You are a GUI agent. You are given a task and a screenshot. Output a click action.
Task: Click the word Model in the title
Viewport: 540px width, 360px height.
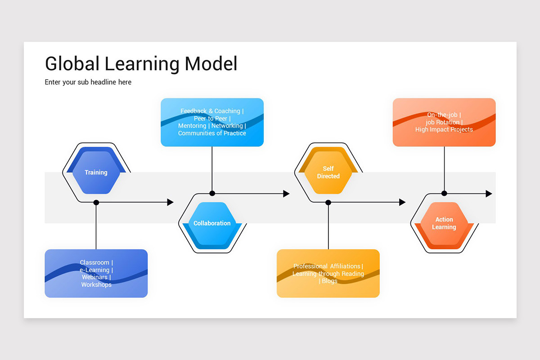click(211, 64)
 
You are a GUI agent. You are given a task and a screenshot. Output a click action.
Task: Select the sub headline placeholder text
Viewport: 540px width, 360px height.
click(88, 82)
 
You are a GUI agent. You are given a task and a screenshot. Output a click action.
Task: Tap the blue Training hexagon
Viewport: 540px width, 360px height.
click(96, 172)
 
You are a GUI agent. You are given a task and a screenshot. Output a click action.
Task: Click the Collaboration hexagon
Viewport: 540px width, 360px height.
click(212, 223)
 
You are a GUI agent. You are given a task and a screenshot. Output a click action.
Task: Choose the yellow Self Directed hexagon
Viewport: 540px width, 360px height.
click(328, 172)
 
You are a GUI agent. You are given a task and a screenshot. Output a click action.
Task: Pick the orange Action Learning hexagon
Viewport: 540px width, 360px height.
click(444, 223)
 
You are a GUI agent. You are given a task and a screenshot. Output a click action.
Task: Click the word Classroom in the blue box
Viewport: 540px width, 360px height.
click(94, 263)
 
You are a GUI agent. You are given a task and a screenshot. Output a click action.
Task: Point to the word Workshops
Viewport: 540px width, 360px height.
click(96, 284)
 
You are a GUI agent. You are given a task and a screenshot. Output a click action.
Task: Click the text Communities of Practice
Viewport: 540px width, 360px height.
click(212, 133)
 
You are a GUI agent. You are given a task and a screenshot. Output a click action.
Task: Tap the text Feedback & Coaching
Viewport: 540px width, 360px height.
click(210, 111)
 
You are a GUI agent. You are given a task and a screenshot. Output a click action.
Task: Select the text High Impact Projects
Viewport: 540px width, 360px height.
click(444, 130)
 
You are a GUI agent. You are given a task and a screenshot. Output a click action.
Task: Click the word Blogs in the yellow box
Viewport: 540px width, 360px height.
click(329, 281)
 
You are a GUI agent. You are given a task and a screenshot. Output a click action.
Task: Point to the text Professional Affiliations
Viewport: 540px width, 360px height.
click(327, 266)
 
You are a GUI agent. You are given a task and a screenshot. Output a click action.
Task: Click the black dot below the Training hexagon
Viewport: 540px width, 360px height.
click(96, 202)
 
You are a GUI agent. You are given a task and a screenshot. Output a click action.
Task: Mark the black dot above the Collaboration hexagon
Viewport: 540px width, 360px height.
click(212, 193)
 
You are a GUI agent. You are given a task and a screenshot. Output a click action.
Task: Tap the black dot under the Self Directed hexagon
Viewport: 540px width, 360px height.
click(328, 202)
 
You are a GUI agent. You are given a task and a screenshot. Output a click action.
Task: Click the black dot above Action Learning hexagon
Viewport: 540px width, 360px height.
click(444, 193)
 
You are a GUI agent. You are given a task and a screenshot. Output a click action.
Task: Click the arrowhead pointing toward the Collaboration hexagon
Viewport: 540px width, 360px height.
click(170, 202)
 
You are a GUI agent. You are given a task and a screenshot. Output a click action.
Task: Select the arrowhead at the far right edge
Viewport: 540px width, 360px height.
click(489, 193)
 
